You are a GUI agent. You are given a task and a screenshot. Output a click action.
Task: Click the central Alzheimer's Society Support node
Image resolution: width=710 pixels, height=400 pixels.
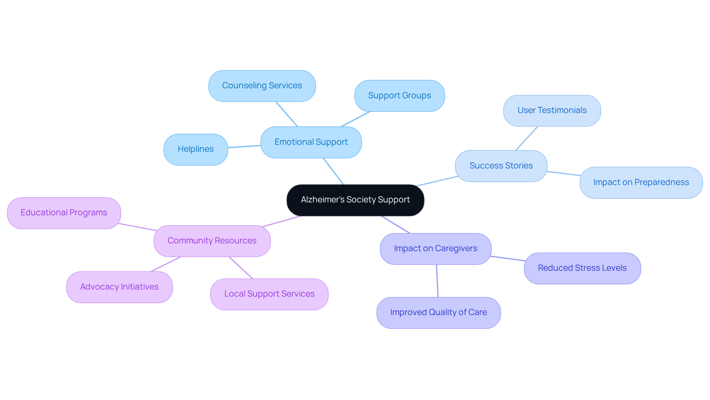pos(355,200)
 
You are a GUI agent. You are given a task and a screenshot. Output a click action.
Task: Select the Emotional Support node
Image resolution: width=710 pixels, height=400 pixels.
pos(311,142)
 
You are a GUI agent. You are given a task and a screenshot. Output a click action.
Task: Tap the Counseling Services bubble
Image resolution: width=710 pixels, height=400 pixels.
pos(262,86)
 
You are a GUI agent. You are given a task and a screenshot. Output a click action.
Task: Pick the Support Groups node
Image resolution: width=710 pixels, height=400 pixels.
pos(399,96)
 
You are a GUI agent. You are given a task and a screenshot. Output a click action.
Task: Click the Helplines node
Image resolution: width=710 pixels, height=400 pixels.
pos(195,149)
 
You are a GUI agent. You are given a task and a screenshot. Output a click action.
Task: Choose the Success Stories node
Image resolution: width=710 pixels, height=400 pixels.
pos(501,166)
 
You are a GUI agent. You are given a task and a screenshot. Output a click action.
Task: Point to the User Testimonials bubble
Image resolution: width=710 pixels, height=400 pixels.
pos(552,110)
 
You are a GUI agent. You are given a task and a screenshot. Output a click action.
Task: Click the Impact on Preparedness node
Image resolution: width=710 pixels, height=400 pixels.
pos(641,182)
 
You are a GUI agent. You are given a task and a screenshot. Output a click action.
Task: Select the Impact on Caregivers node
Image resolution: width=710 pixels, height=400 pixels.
pos(435,249)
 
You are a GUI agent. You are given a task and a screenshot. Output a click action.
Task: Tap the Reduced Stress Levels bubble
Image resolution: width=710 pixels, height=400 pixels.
pos(582,268)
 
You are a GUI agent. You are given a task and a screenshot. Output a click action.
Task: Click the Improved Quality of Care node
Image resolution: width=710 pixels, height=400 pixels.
pos(438,312)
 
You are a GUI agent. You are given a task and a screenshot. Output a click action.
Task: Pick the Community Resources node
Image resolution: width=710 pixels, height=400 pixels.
pos(212,241)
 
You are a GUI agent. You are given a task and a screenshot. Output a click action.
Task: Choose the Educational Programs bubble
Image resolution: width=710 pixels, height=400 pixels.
pos(64,213)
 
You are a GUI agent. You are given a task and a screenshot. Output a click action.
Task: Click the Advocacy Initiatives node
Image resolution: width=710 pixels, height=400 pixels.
pos(119,287)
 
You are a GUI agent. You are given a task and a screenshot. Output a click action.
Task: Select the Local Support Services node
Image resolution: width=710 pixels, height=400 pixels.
pos(269,294)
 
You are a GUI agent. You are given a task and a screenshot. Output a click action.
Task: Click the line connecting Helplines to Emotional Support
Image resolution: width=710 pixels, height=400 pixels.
pos(244,147)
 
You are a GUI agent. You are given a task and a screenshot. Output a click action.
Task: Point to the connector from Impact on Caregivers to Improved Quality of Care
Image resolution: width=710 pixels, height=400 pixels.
pos(437,281)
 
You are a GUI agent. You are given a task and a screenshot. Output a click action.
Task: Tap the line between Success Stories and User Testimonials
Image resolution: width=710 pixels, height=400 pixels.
pos(527,139)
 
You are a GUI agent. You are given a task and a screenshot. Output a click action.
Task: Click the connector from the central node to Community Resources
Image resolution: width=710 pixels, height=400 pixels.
pos(281,221)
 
